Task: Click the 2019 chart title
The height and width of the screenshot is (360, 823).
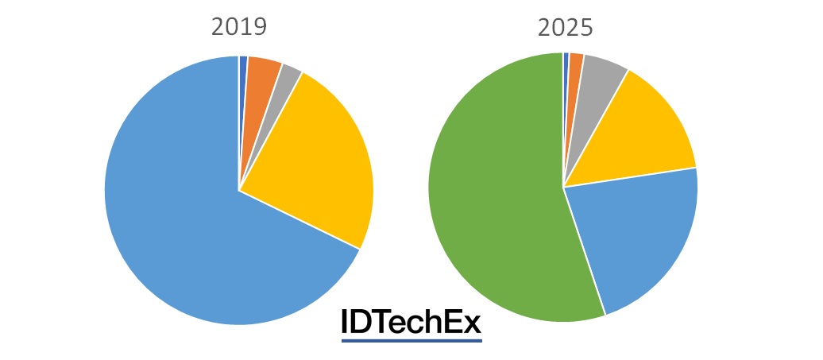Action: [x=238, y=27]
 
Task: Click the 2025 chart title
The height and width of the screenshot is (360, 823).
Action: [x=565, y=27]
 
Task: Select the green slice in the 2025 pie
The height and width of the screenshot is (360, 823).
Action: [x=493, y=199]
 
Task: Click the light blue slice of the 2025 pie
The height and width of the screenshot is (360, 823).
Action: [x=636, y=230]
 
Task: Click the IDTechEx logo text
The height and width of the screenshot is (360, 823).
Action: [x=411, y=322]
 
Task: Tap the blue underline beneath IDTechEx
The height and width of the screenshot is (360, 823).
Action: [x=411, y=341]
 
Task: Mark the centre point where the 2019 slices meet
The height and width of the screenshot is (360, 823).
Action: [x=239, y=191]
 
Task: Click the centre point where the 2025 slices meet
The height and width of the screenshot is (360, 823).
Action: [x=563, y=188]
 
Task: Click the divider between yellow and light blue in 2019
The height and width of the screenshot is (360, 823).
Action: [x=300, y=220]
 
